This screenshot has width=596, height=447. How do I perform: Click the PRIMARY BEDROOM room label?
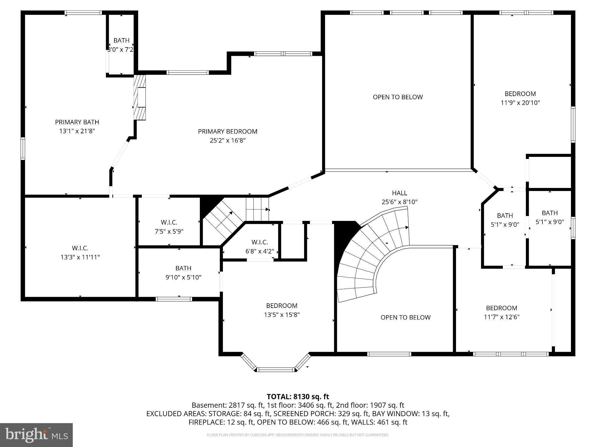228,132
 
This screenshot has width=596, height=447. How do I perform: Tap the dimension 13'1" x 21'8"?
77,131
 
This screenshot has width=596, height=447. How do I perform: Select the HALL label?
399,193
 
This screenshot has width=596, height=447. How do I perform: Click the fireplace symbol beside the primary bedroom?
140,97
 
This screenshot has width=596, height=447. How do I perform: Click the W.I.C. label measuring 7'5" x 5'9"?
169,223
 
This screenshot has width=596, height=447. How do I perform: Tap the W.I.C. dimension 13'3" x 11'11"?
80,257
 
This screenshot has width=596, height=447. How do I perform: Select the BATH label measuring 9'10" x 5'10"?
183,268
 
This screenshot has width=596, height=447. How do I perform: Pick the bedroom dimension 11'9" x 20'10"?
520,103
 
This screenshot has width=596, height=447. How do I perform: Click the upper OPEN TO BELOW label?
398,97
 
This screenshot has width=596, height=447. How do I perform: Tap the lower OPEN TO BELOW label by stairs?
405,317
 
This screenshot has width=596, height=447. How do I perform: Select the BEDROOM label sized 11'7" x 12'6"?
501,308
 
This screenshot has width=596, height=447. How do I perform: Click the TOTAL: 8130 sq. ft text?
298,397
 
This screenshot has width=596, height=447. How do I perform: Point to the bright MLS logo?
36,435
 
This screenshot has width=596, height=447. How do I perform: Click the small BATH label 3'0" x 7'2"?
121,40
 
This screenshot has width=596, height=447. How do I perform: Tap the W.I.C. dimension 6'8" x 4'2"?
260,251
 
